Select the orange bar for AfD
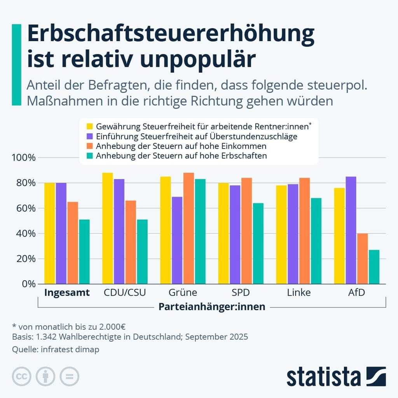coord(362,258)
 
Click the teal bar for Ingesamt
coord(84,251)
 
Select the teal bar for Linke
coord(316,241)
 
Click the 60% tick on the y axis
coord(25,208)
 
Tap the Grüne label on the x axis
coord(183,293)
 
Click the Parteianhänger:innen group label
coord(212,307)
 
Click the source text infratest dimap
coord(69,349)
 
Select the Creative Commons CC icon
coord(22,376)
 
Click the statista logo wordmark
coord(323,377)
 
